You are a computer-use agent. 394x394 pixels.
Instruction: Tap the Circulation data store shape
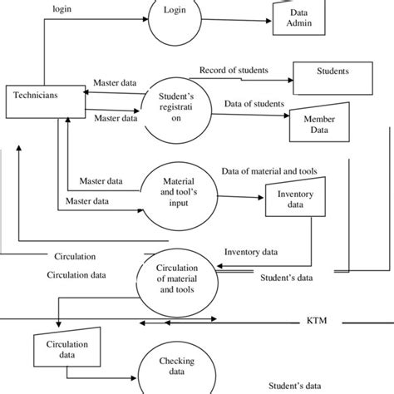coord(64,347)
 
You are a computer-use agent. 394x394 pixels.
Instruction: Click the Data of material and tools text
coord(269,171)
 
